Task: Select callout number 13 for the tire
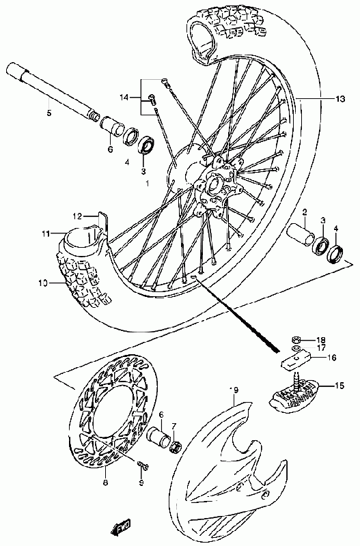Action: pos(340,99)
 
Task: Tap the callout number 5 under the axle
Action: pos(49,113)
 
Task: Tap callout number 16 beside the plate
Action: pos(331,357)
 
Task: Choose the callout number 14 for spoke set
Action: pos(124,98)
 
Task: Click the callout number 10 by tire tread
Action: pos(42,283)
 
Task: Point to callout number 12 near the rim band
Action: pos(77,216)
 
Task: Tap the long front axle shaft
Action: pos(53,91)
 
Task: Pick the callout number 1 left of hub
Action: pos(147,183)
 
